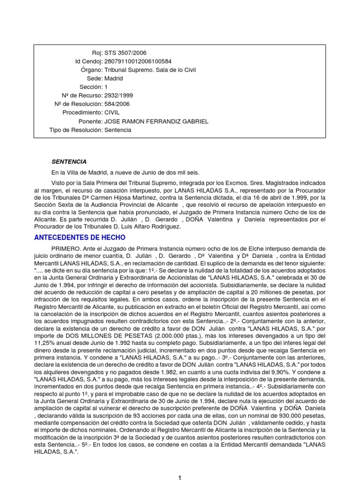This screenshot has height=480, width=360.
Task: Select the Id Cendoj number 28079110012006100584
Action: pyautogui.click(x=138, y=61)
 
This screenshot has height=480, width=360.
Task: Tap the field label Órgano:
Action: pyautogui.click(x=91, y=70)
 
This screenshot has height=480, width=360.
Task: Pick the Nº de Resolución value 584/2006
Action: pyautogui.click(x=118, y=104)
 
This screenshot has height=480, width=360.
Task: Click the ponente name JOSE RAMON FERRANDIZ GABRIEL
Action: pyautogui.click(x=156, y=121)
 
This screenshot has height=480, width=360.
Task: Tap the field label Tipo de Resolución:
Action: pyautogui.click(x=76, y=130)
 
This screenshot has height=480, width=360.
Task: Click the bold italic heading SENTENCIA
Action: pyautogui.click(x=69, y=162)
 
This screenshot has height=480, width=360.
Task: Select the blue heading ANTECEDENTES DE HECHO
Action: pyautogui.click(x=80, y=238)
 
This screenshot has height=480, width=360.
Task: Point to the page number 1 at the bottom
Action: pyautogui.click(x=180, y=477)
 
